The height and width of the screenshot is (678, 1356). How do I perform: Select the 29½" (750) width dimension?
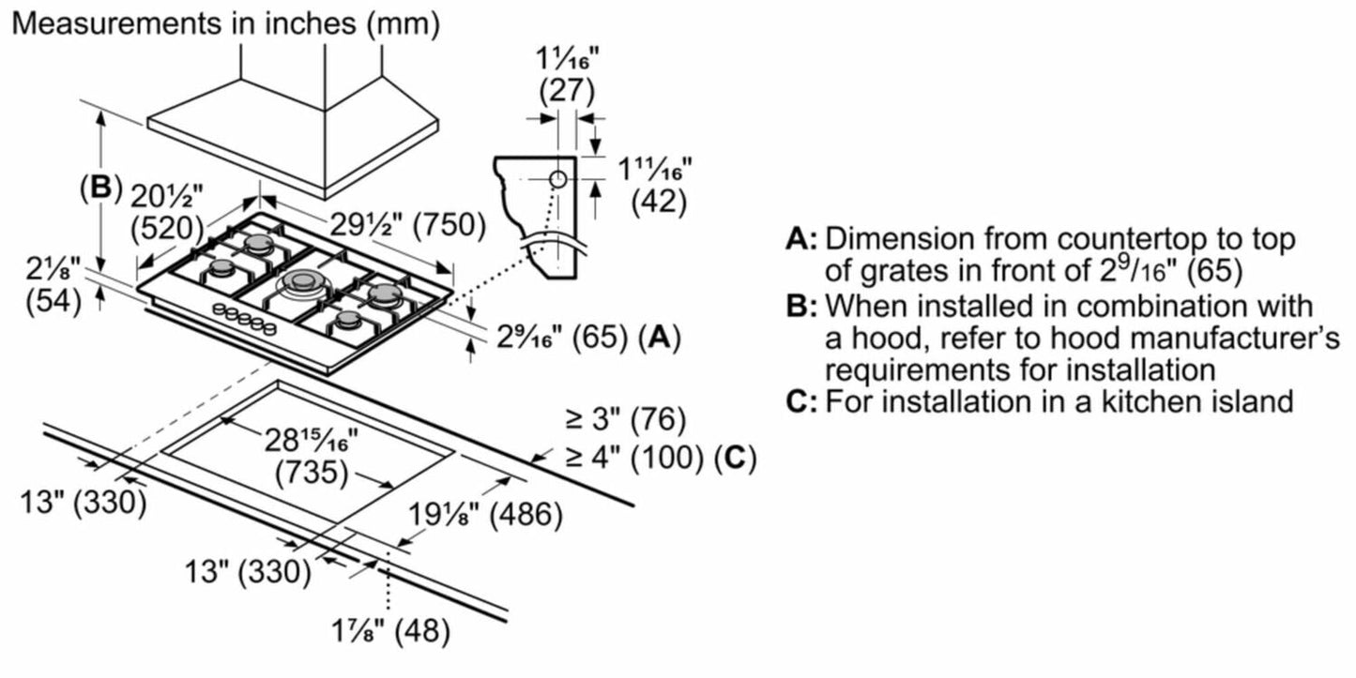(407, 226)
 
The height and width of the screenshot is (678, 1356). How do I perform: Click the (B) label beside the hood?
(100, 188)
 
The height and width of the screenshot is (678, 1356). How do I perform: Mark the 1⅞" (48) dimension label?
(394, 631)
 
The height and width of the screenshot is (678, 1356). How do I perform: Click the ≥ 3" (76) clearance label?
(624, 417)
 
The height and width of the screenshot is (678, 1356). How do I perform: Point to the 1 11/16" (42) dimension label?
(654, 184)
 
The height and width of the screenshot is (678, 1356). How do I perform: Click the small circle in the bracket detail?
(556, 177)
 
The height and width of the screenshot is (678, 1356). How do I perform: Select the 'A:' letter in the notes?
(801, 239)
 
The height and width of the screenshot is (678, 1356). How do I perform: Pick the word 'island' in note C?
(1244, 401)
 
